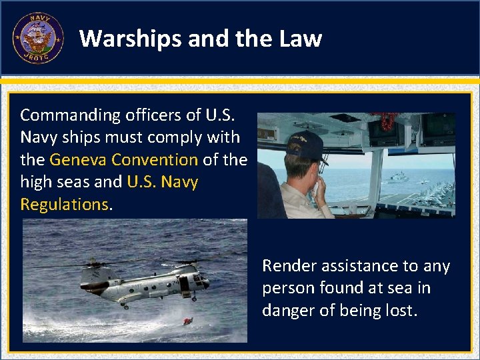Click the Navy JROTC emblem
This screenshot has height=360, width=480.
click(x=38, y=38)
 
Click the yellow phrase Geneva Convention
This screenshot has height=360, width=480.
click(x=123, y=160)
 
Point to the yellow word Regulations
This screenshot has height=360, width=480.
click(x=64, y=205)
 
